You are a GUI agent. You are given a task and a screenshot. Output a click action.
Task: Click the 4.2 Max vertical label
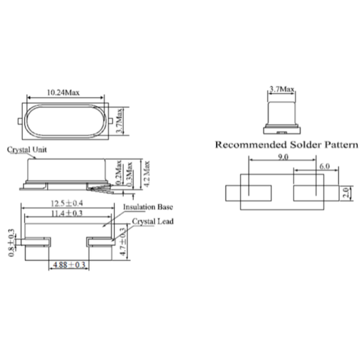coord(145,170)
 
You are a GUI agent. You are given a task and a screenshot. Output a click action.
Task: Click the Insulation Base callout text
coord(148,207)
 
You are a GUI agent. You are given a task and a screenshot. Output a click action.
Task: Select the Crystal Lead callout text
coord(154,222)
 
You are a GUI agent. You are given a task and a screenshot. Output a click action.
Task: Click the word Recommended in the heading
coord(251,145)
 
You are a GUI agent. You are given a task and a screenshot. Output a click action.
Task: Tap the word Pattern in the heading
coord(341,145)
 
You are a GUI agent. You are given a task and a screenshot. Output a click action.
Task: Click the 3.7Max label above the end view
coord(281,89)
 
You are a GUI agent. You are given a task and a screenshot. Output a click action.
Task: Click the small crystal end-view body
coord(281,111)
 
